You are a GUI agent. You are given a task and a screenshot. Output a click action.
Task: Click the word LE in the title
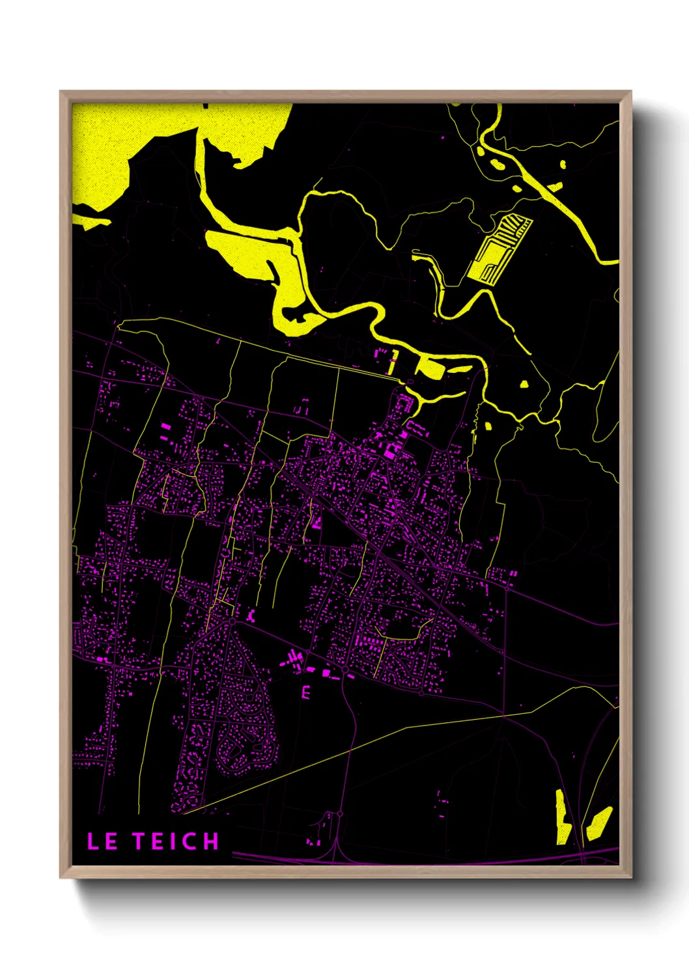[x=102, y=841]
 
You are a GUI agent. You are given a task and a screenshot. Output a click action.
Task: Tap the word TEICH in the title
[x=176, y=841]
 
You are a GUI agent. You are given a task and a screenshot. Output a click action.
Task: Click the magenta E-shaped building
[x=305, y=691]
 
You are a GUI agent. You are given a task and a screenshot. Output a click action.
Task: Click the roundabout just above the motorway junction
[x=339, y=813]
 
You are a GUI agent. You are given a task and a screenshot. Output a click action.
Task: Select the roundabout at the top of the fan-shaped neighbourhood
[x=231, y=622]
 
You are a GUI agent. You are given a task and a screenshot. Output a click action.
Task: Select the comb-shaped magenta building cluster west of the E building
[x=293, y=660]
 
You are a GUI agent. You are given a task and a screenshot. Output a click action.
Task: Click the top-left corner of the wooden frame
[x=61, y=92]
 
